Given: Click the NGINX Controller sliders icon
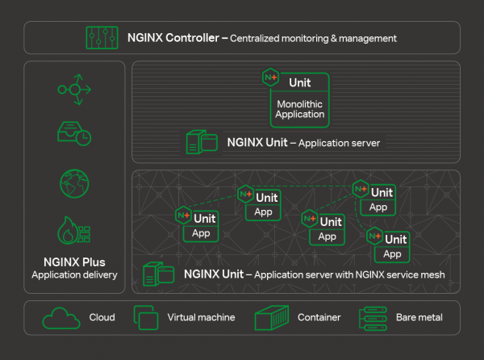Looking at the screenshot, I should (101, 38).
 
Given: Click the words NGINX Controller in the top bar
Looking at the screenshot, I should (173, 38).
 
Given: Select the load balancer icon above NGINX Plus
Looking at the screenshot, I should (74, 89).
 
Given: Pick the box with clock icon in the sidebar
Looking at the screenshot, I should (73, 134).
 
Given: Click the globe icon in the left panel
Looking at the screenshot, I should (74, 183).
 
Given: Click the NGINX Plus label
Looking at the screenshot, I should (74, 262).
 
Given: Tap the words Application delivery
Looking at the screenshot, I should (74, 275).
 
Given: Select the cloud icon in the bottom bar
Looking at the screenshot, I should (61, 318).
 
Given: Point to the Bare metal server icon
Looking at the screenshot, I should (373, 318).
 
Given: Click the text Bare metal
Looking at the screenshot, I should (419, 318).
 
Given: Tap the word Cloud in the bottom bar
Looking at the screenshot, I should (102, 318).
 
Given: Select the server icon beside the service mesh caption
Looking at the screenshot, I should (158, 274).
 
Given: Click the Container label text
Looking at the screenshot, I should (318, 318).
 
